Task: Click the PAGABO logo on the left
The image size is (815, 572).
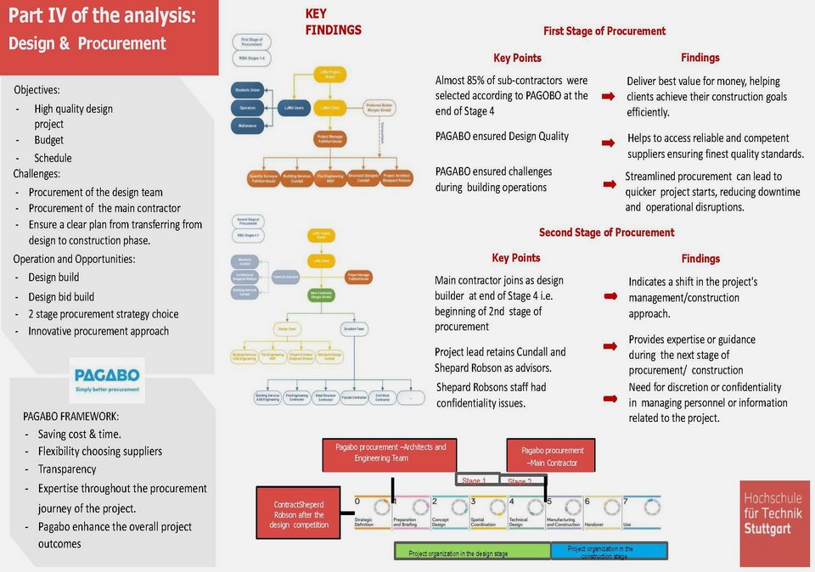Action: [107, 379]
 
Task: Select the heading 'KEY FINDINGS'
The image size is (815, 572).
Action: [333, 22]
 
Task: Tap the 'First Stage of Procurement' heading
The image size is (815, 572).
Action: [604, 31]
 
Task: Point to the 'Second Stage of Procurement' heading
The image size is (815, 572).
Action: [606, 233]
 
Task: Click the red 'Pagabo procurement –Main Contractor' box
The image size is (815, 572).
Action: [552, 457]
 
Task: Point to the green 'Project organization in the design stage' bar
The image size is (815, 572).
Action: [472, 552]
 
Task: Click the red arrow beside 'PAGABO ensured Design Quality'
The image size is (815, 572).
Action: [609, 143]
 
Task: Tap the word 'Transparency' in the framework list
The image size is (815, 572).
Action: [67, 469]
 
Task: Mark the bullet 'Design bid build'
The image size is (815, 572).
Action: [61, 297]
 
